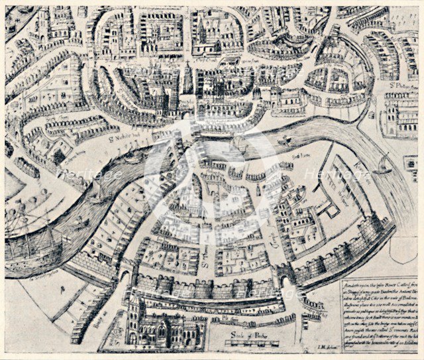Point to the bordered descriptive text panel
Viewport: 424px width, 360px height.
[379, 312]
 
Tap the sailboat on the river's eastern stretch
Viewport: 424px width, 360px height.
[383, 164]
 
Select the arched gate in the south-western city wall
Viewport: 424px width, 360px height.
[124, 271]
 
